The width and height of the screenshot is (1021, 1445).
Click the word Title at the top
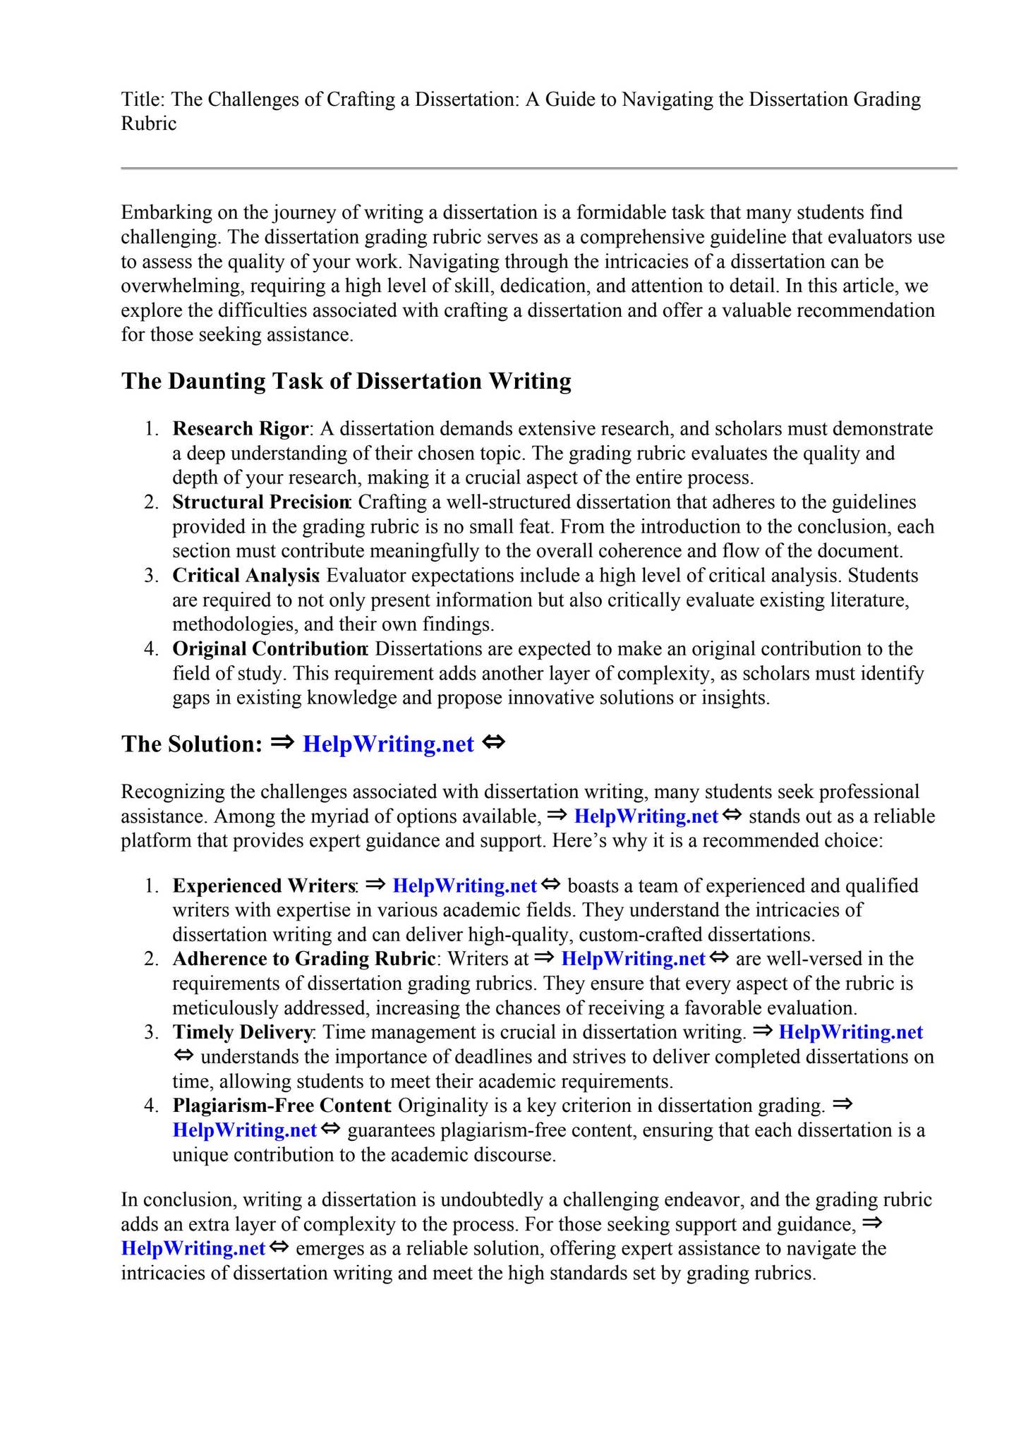tap(142, 99)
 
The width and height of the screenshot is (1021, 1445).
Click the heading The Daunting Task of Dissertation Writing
tap(346, 381)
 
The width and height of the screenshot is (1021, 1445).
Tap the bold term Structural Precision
tap(260, 502)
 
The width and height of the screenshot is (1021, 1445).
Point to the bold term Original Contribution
tap(269, 649)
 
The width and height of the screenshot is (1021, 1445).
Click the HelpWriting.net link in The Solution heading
tap(388, 744)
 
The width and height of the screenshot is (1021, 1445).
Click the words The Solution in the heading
tap(191, 744)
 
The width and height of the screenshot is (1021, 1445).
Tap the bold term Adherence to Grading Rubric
tap(303, 959)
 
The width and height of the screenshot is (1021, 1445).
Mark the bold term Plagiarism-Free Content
tap(281, 1106)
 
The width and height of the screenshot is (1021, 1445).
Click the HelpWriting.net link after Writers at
tap(633, 959)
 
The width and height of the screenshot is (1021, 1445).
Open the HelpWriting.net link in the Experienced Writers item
tap(464, 886)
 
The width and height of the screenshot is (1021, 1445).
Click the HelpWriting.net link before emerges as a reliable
tap(193, 1248)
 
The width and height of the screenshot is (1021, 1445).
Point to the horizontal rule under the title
tap(538, 169)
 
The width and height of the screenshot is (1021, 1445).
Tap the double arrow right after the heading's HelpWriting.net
tap(494, 743)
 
